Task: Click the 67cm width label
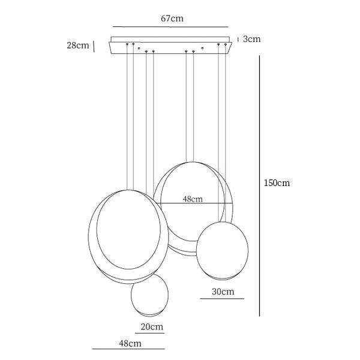pyautogui.click(x=172, y=19)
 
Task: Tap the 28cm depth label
pyautogui.click(x=78, y=45)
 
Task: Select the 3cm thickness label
pyautogui.click(x=252, y=39)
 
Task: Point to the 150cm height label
pyautogui.click(x=277, y=183)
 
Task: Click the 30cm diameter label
pyautogui.click(x=223, y=292)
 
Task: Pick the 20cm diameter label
pyautogui.click(x=152, y=326)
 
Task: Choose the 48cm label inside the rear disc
pyautogui.click(x=193, y=199)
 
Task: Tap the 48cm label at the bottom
pyautogui.click(x=130, y=343)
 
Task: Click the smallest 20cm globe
pyautogui.click(x=149, y=295)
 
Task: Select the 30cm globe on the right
pyautogui.click(x=222, y=251)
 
